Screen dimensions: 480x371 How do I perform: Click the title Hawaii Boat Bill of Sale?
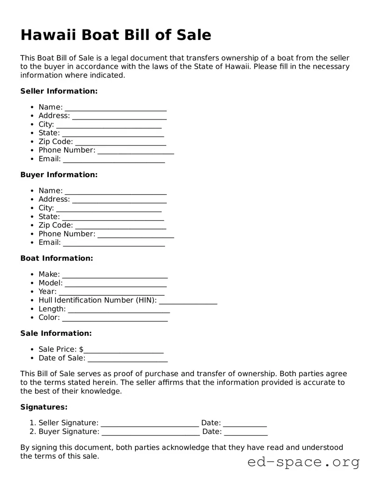tap(116, 35)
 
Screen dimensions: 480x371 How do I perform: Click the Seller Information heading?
tap(59, 91)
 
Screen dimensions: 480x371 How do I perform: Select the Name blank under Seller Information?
tap(116, 108)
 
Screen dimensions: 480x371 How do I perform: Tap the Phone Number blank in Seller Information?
tap(136, 151)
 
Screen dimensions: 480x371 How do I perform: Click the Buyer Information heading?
tap(59, 175)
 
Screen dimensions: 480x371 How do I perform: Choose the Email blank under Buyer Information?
tap(114, 243)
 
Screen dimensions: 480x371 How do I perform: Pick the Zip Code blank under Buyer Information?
tap(121, 226)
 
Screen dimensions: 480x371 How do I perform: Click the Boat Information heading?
tap(57, 258)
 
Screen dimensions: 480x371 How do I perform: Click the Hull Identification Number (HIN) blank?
tap(188, 301)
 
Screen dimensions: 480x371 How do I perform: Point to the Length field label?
tap(52, 309)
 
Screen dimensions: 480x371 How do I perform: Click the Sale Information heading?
tap(56, 333)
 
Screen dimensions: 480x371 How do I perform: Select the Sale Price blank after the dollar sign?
tap(124, 350)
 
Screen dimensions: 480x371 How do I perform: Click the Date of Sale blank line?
tap(127, 359)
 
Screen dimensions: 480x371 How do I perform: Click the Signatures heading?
tap(44, 407)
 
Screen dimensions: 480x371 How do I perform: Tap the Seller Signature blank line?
tap(149, 424)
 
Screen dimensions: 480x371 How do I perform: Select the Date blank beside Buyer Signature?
tap(246, 432)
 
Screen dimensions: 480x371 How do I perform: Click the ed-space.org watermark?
tap(303, 462)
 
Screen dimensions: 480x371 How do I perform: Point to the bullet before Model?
tap(33, 283)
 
